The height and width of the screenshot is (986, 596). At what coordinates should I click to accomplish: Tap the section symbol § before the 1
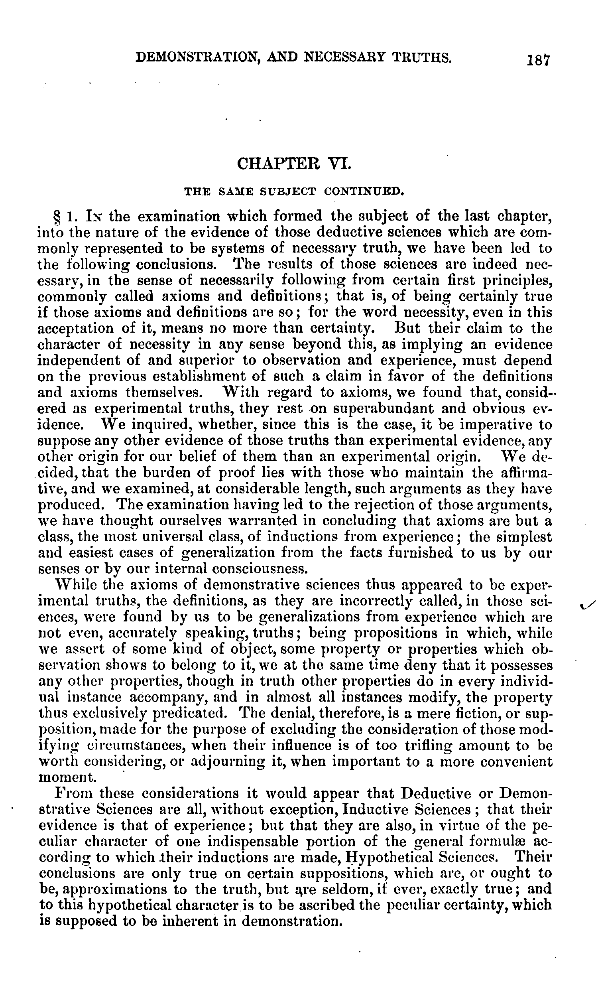coord(56,218)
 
